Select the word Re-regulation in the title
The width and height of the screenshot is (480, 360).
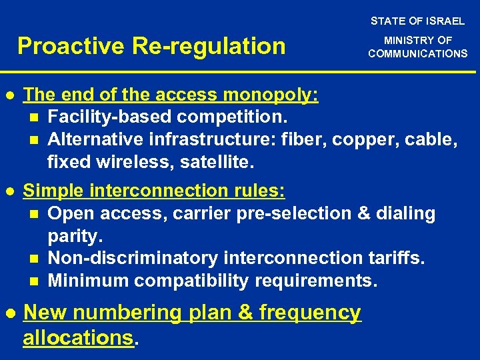(x=208, y=46)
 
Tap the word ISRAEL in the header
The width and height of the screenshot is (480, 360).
(x=445, y=21)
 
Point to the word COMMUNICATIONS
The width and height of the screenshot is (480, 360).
(x=418, y=53)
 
